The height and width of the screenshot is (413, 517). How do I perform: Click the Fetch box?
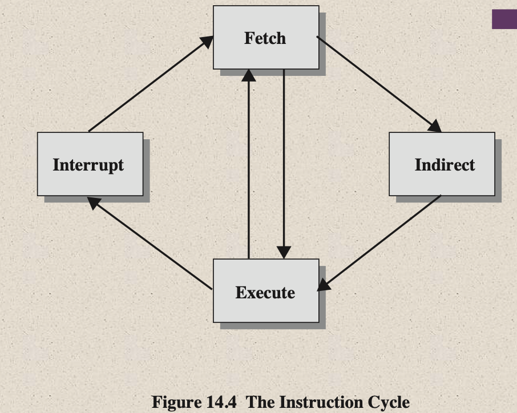click(265, 38)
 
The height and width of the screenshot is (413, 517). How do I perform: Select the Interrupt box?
click(90, 164)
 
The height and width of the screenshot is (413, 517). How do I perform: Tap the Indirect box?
click(442, 164)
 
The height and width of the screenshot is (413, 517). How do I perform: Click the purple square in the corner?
click(504, 18)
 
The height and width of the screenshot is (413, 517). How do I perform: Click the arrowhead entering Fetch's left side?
click(206, 42)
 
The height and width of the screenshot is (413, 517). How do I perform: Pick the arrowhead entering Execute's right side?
click(325, 284)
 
